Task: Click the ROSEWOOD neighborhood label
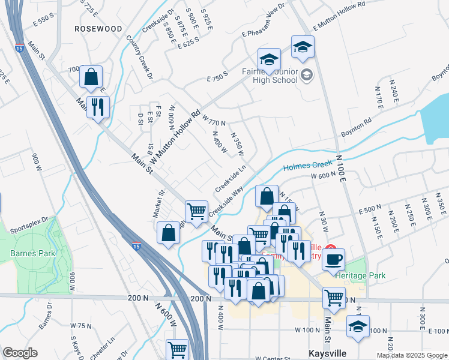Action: [98, 29]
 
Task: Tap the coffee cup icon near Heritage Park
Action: [334, 259]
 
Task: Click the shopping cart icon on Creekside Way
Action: [196, 211]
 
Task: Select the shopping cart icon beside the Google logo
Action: [177, 349]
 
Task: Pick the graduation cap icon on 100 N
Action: [358, 326]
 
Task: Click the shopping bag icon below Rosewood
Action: [91, 76]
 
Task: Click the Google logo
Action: [20, 353]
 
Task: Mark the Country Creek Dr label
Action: [140, 58]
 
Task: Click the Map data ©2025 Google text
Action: [412, 355]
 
